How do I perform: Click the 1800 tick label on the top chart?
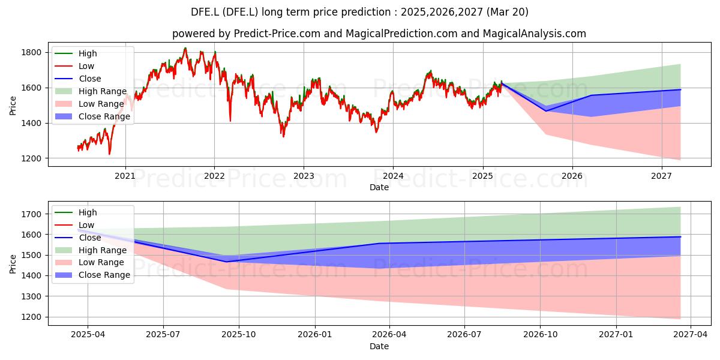pyautogui.click(x=31, y=52)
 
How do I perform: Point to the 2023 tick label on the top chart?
pyautogui.click(x=304, y=176)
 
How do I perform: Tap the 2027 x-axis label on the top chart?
pyautogui.click(x=661, y=176)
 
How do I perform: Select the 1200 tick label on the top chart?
pyautogui.click(x=31, y=158)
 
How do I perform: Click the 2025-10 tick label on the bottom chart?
pyautogui.click(x=239, y=334)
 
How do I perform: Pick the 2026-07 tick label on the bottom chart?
pyautogui.click(x=464, y=334)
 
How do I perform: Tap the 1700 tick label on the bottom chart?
pyautogui.click(x=31, y=214)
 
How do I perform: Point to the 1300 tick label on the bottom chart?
pyautogui.click(x=31, y=296)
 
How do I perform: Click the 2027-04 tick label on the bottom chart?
pyautogui.click(x=691, y=334)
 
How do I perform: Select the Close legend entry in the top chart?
pyautogui.click(x=78, y=79)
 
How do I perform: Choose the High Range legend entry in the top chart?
pyautogui.click(x=91, y=91)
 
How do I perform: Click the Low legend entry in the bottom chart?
pyautogui.click(x=74, y=225)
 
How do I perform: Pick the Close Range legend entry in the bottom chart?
pyautogui.click(x=92, y=275)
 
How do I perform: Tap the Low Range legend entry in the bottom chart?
pyautogui.click(x=89, y=262)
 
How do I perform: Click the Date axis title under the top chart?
pyautogui.click(x=379, y=187)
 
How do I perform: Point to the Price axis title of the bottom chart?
pyautogui.click(x=13, y=264)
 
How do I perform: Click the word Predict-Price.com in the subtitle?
pyautogui.click(x=277, y=34)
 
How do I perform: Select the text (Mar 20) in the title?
pyautogui.click(x=508, y=12)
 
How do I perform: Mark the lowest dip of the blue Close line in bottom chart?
pyautogui.click(x=226, y=262)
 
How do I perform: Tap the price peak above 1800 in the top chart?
pyautogui.click(x=185, y=48)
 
